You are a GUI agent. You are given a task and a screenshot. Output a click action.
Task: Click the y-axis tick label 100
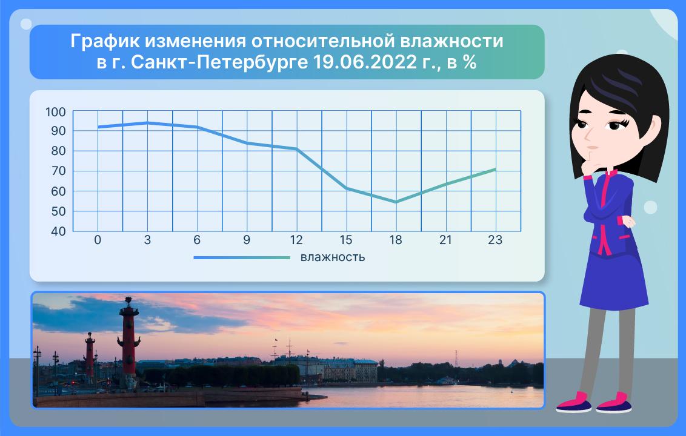pos(56,112)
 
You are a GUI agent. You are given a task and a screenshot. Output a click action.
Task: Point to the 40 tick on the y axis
pos(58,231)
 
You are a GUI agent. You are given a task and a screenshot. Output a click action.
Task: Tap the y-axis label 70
pos(58,171)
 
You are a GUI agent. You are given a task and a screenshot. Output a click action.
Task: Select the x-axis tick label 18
pos(396,240)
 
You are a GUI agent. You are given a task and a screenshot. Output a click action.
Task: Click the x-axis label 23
pos(495,240)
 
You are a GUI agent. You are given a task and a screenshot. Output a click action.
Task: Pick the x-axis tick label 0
pos(98,240)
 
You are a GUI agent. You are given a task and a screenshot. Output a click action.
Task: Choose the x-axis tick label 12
pos(296,240)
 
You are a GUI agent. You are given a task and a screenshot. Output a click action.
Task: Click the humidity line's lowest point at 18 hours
pos(396,202)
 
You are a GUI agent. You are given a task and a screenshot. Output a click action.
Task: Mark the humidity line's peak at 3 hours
pos(147,123)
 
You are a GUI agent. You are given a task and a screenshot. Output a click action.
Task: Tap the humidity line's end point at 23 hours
pos(495,169)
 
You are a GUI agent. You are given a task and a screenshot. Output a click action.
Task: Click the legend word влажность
pos(333,257)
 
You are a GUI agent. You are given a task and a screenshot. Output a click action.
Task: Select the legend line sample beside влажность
pos(242,257)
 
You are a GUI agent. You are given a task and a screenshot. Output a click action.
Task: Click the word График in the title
pos(105,42)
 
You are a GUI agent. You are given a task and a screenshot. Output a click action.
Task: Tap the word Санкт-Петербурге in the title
pos(219,63)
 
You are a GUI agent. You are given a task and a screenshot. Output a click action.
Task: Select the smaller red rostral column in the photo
pos(90,354)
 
